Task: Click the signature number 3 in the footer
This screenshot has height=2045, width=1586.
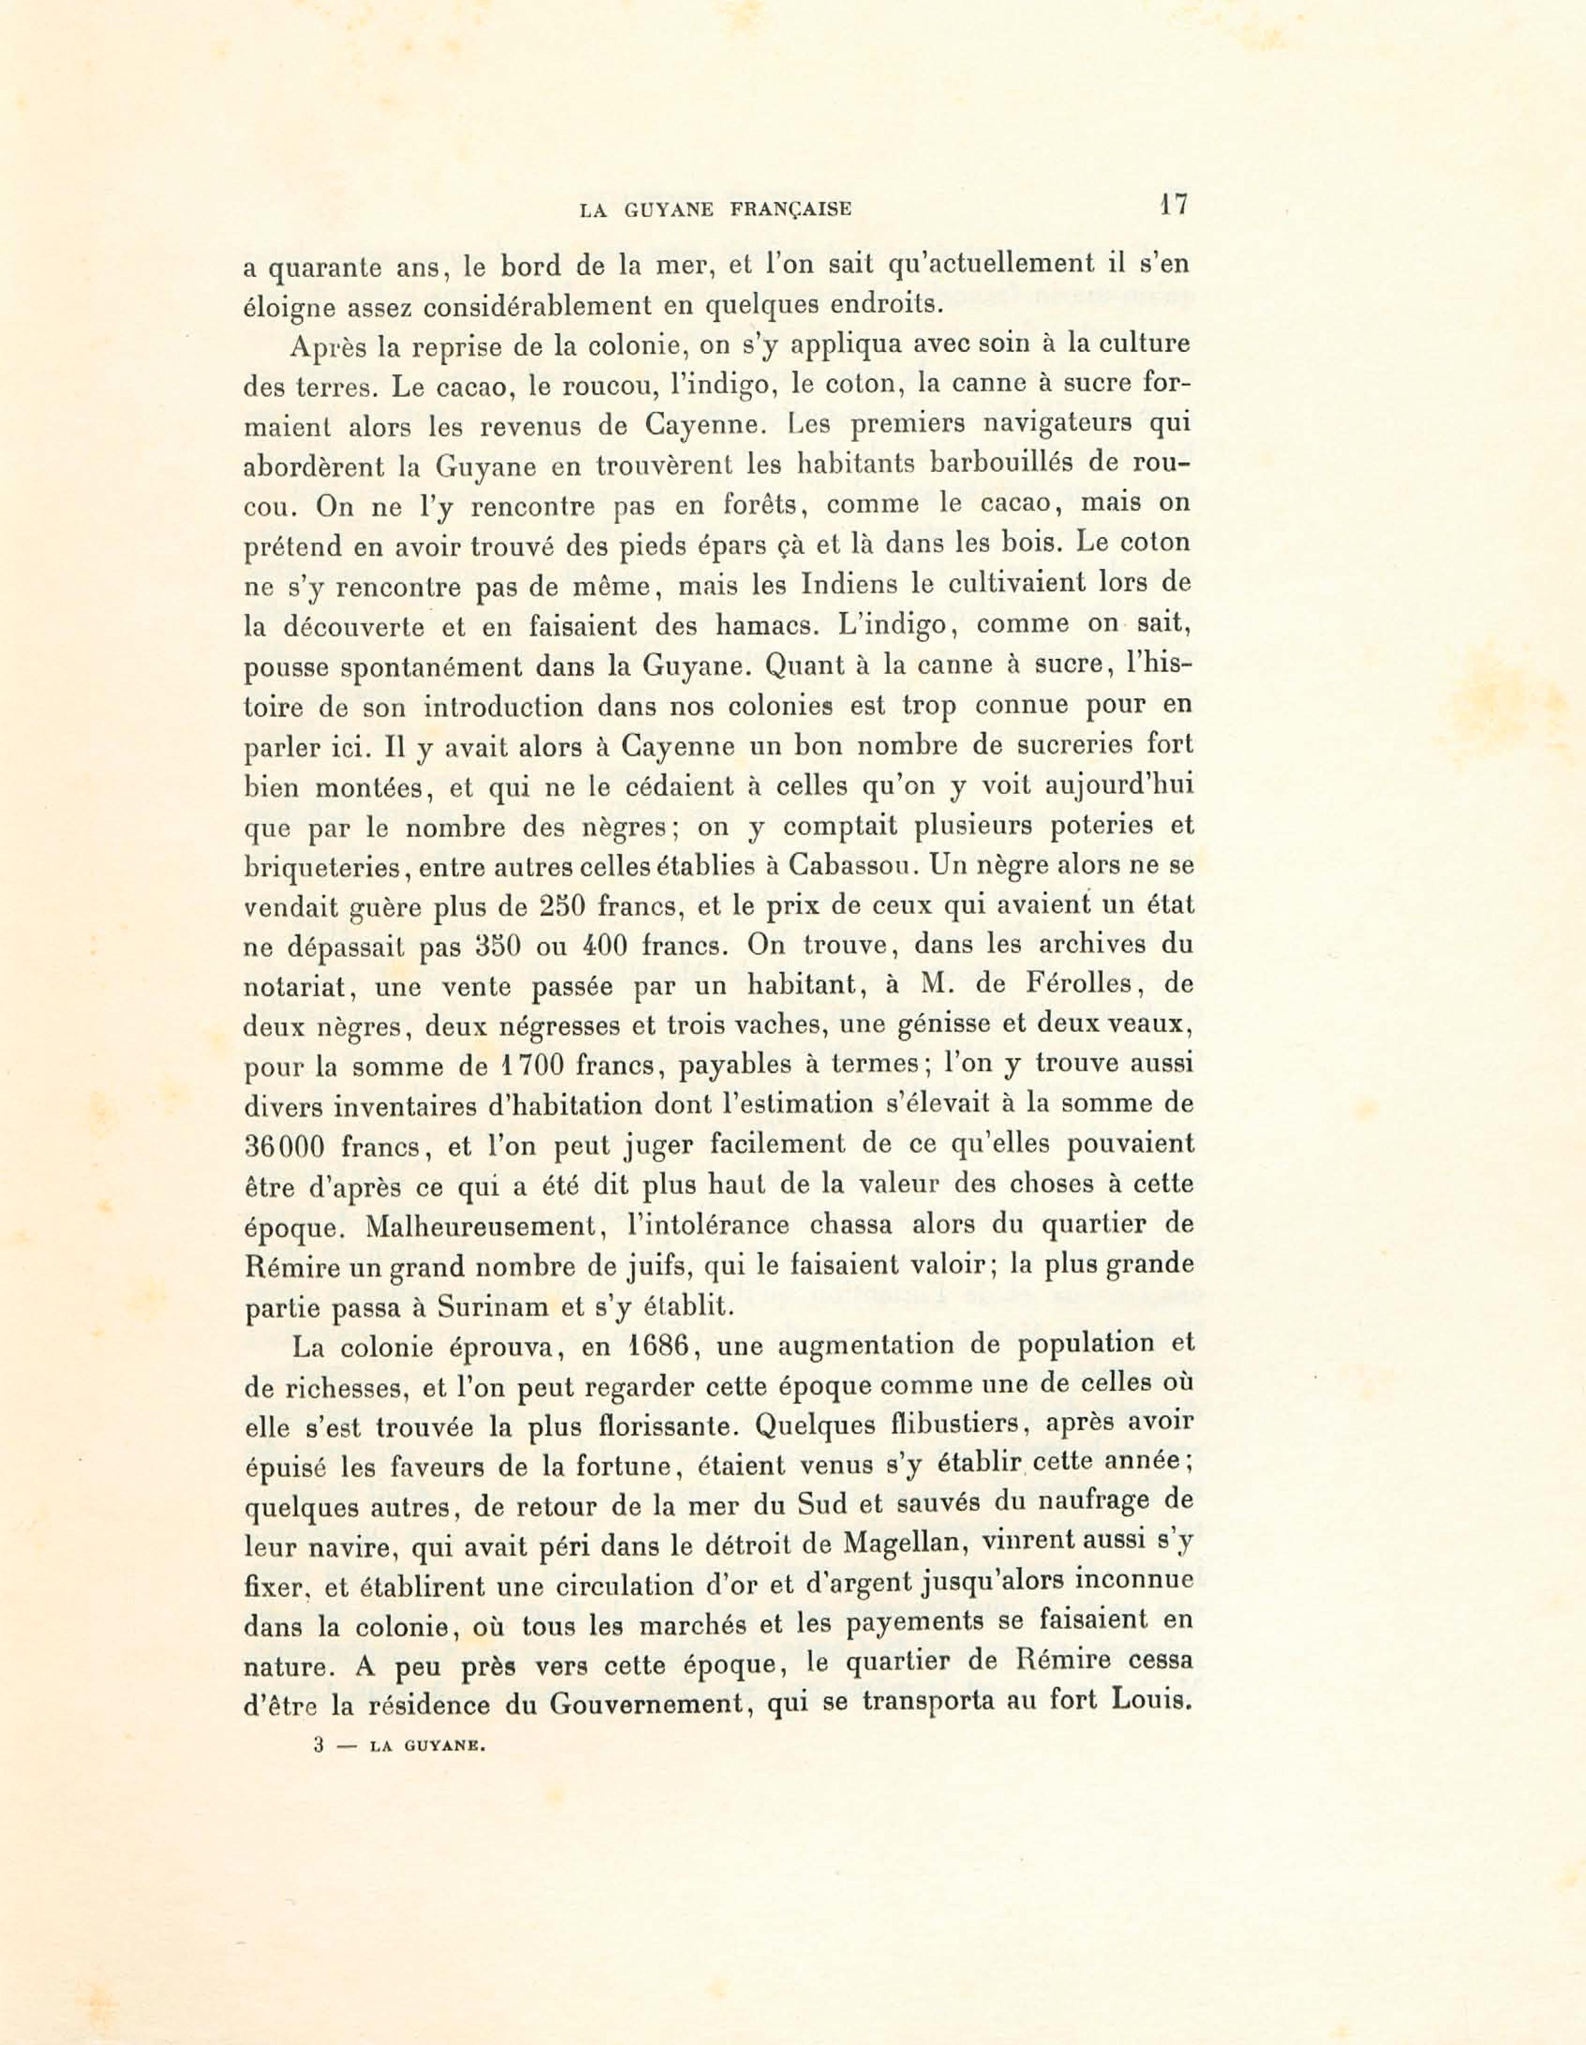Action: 318,1745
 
